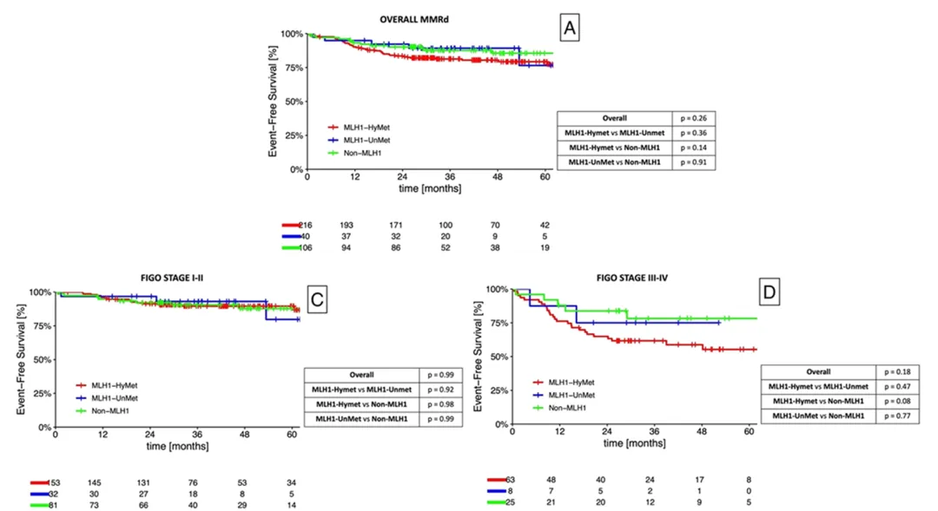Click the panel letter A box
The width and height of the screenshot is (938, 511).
[x=569, y=29]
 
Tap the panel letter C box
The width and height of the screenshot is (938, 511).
[x=318, y=301]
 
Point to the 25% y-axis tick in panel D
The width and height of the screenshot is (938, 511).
[x=498, y=390]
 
